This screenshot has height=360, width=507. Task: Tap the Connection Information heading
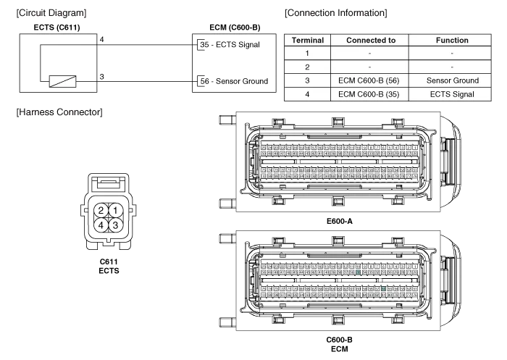point(335,13)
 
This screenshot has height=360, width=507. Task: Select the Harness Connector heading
point(58,112)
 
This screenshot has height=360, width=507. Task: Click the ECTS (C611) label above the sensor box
point(56,28)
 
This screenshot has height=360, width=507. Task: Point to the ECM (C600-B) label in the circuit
point(234,28)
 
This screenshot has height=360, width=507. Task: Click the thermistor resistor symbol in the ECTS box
point(61,81)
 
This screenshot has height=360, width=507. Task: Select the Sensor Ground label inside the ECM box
point(241,81)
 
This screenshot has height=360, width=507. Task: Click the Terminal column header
point(307,41)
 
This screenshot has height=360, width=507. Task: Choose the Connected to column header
point(371,41)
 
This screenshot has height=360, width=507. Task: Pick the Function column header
point(452,41)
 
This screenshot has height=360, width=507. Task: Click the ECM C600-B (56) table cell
point(371,80)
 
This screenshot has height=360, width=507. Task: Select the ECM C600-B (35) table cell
point(371,93)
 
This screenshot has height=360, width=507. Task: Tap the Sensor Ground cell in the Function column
point(452,80)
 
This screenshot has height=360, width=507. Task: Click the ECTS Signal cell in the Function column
point(452,93)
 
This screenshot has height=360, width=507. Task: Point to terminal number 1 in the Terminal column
point(307,54)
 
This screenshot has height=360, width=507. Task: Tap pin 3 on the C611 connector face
point(114,225)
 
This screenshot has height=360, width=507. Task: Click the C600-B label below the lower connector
point(339,339)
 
